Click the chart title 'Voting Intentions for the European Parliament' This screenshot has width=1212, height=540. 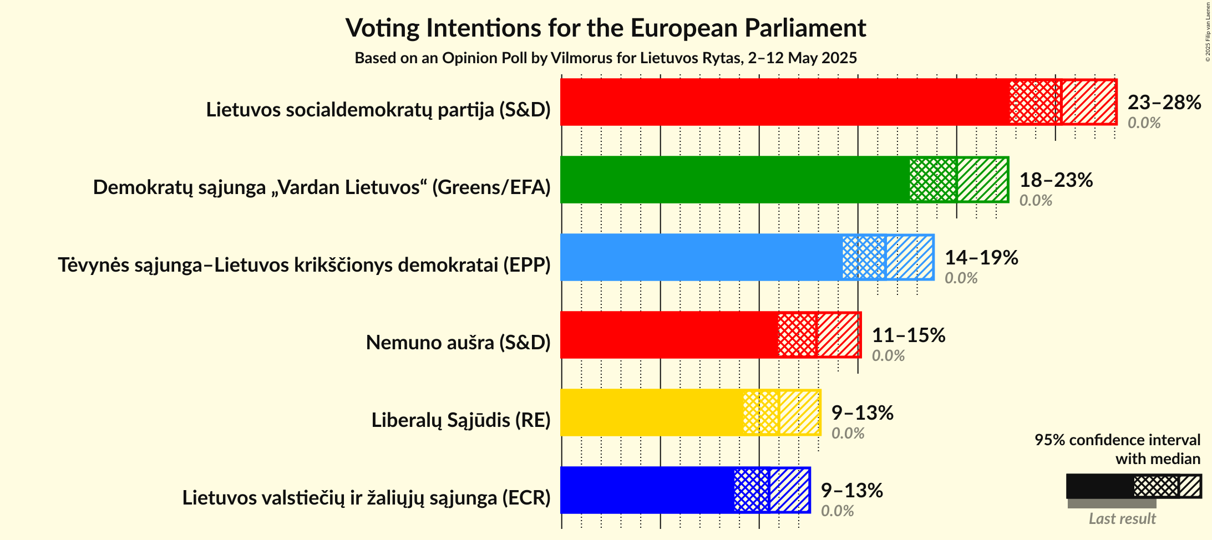click(x=606, y=28)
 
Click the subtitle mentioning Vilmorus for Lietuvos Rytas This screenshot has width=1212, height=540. click(x=606, y=58)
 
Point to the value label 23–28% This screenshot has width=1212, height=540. click(x=1164, y=103)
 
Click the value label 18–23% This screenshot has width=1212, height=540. click(x=1056, y=180)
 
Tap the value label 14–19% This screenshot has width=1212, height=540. click(x=981, y=258)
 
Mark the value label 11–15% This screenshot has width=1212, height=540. click(x=909, y=335)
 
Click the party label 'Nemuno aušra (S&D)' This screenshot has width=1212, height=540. click(x=458, y=343)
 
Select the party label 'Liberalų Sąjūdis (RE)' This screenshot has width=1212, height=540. click(x=461, y=420)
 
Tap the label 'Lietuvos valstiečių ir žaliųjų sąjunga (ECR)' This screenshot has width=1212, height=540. click(x=366, y=498)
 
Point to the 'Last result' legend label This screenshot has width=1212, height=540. click(x=1122, y=519)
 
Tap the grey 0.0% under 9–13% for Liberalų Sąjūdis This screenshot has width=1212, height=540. click(x=848, y=434)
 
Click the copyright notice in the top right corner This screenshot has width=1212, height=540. click(x=1208, y=32)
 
